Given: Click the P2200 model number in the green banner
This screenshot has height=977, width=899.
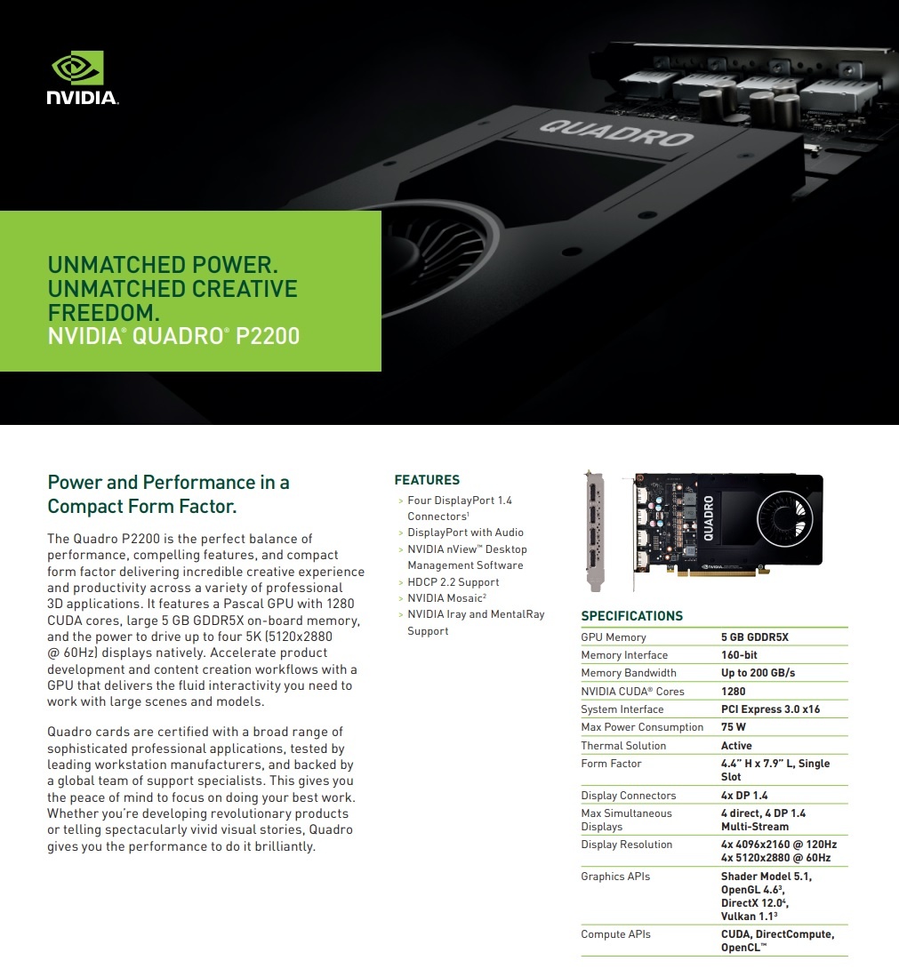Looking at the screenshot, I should click(x=268, y=337).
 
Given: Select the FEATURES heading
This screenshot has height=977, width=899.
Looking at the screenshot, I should click(x=427, y=480).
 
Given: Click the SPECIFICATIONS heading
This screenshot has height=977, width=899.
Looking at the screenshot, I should click(x=631, y=616).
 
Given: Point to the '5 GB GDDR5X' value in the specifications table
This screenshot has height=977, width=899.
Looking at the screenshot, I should click(x=754, y=637).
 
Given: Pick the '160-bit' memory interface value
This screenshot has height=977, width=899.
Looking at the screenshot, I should click(x=738, y=655).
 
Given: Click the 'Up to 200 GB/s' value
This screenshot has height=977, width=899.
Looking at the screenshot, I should click(x=758, y=673).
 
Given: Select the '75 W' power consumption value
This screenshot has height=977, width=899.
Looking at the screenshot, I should click(x=734, y=727).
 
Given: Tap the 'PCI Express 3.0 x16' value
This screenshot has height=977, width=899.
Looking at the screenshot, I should click(x=770, y=709).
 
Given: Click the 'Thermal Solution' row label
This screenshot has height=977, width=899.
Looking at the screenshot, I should click(x=623, y=746).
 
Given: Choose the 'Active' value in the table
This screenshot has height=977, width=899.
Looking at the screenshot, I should click(x=736, y=746).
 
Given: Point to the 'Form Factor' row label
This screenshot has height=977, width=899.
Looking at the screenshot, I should click(x=611, y=764).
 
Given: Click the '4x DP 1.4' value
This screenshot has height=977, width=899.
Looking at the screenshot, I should click(x=744, y=796).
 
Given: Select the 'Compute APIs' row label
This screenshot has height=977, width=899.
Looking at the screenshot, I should click(x=615, y=934).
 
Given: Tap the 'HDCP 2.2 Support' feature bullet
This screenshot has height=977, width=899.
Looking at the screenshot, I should click(x=453, y=582).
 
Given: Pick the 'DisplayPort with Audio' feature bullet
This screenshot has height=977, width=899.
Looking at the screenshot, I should click(x=465, y=533).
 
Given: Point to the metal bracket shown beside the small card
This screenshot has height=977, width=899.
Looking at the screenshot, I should click(x=595, y=531).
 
